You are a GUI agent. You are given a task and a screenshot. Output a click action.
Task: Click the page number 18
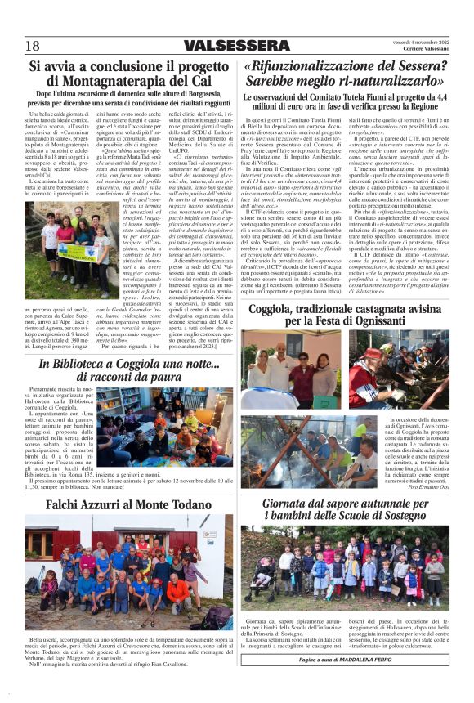click(33, 45)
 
